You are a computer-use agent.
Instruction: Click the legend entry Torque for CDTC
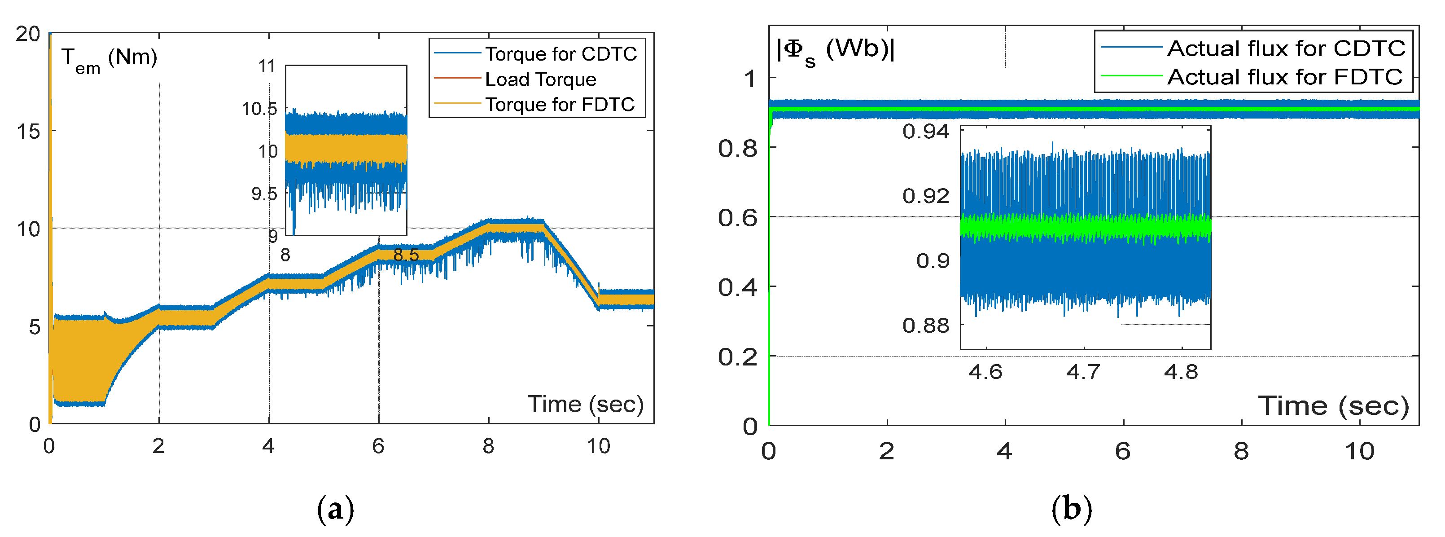[x=560, y=54]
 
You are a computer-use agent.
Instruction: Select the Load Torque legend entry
[x=540, y=79]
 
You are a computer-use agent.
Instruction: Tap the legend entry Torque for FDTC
[x=559, y=104]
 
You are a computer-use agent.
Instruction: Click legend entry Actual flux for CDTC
[x=1286, y=49]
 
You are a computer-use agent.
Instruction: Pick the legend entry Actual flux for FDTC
[x=1284, y=77]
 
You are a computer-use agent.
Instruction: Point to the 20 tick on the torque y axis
[x=28, y=34]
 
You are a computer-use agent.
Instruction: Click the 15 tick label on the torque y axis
[x=28, y=131]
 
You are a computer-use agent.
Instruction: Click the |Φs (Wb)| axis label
[x=835, y=50]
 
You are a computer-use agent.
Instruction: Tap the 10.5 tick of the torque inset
[x=260, y=108]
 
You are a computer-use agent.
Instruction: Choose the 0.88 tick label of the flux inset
[x=925, y=325]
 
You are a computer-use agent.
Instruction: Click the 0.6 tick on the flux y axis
[x=738, y=218]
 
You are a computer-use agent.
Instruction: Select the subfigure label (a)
[x=336, y=509]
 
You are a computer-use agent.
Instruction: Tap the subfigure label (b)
[x=1072, y=509]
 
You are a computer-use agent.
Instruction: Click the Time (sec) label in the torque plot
[x=585, y=404]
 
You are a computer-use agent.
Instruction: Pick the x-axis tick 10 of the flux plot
[x=1359, y=451]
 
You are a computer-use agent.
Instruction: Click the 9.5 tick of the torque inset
[x=264, y=194]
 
